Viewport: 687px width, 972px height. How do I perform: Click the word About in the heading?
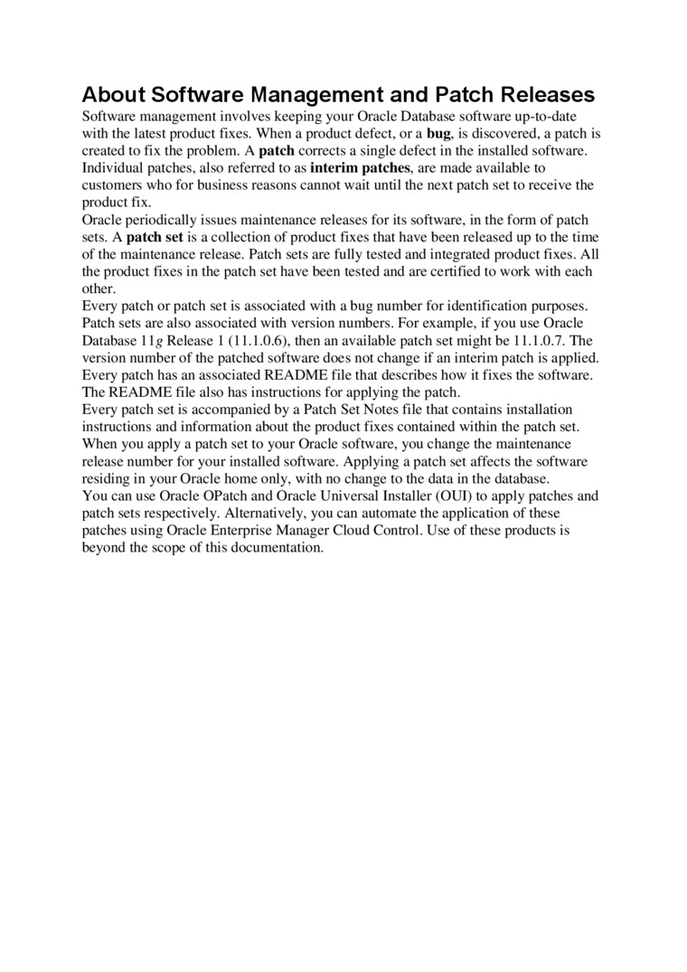(x=113, y=95)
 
